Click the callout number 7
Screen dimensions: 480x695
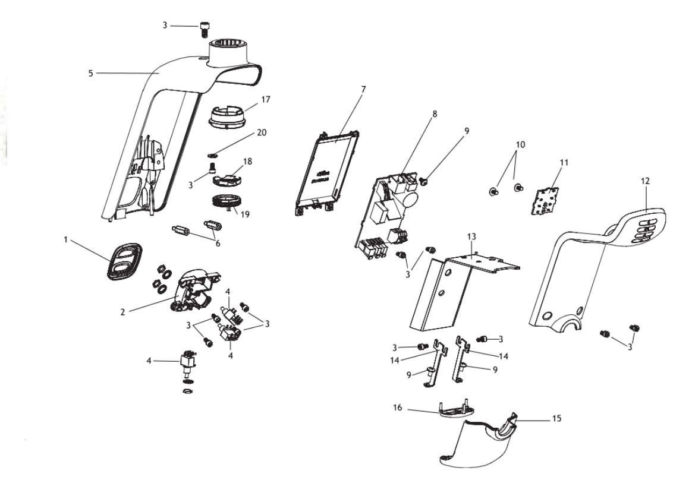click(x=363, y=89)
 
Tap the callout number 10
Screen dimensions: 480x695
click(x=521, y=144)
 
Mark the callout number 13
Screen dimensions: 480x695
click(x=471, y=237)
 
